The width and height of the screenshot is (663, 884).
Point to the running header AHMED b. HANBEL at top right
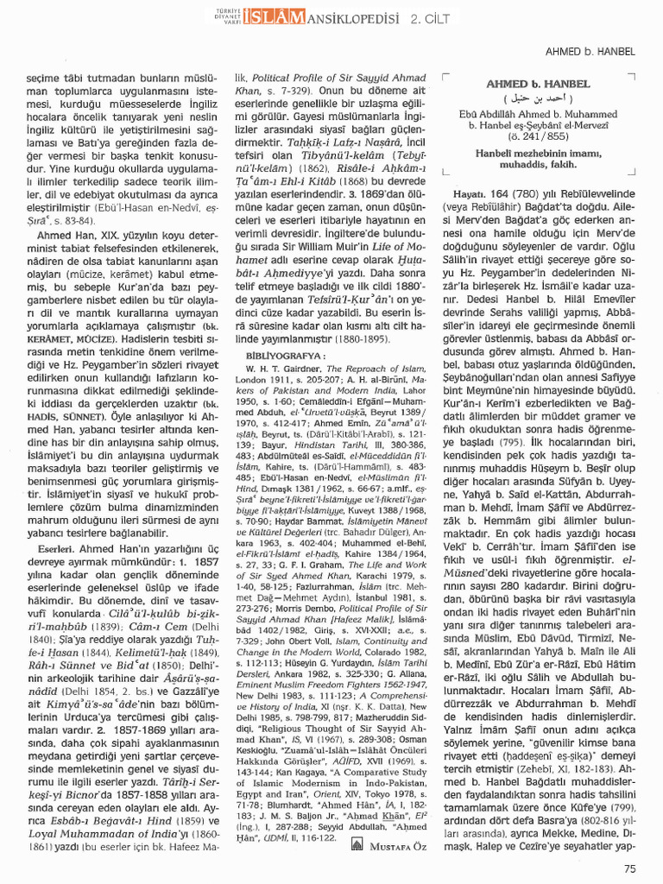pos(592,52)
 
